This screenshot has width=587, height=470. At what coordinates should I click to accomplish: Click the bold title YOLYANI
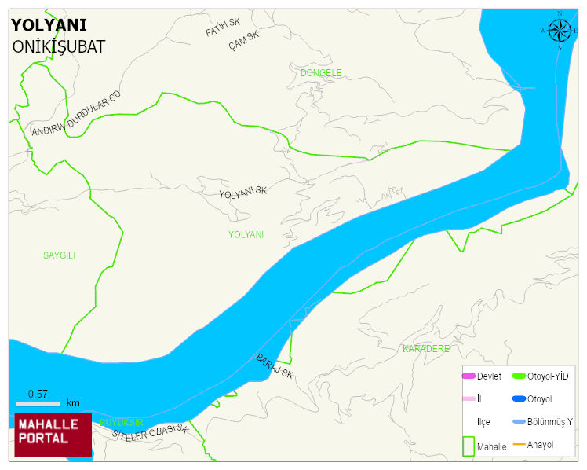pyautogui.click(x=49, y=25)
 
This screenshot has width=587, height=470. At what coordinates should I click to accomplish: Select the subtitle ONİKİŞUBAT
pyautogui.click(x=59, y=46)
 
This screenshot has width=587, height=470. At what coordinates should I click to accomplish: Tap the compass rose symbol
pyautogui.click(x=560, y=31)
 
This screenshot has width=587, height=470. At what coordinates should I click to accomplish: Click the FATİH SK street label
pyautogui.click(x=222, y=28)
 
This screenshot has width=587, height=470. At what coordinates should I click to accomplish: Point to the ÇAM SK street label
pyautogui.click(x=243, y=39)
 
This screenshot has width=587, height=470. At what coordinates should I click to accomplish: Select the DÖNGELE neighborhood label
pyautogui.click(x=321, y=73)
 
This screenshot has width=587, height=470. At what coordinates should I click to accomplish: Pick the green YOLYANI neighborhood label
pyautogui.click(x=246, y=234)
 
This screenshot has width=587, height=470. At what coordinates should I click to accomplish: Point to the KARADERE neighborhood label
pyautogui.click(x=425, y=348)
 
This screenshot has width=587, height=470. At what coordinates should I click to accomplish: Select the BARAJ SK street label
pyautogui.click(x=275, y=366)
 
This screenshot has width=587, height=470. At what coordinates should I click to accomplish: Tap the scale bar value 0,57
pyautogui.click(x=38, y=394)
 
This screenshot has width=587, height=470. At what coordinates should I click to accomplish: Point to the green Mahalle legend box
pyautogui.click(x=469, y=445)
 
